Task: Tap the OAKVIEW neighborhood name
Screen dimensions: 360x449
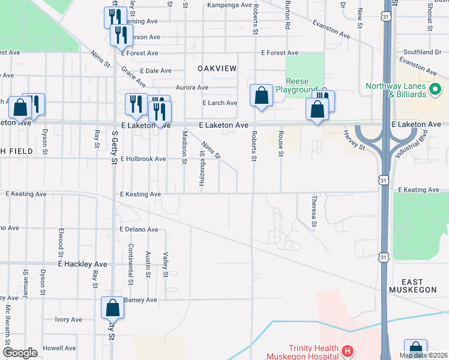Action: [x=217, y=69]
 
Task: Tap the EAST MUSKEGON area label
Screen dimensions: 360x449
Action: [x=414, y=286]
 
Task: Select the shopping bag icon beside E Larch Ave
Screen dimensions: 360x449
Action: [x=261, y=95]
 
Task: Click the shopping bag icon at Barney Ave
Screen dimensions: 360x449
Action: [x=112, y=308]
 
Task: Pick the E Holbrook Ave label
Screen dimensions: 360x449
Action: [x=143, y=159]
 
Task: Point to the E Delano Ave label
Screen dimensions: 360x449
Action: [x=138, y=230]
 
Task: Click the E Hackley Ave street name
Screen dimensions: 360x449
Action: [x=82, y=264]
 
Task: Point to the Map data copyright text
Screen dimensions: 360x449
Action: [x=423, y=355]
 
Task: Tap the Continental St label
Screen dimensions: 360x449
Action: [x=130, y=265]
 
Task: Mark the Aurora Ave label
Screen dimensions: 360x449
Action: [x=191, y=87]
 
